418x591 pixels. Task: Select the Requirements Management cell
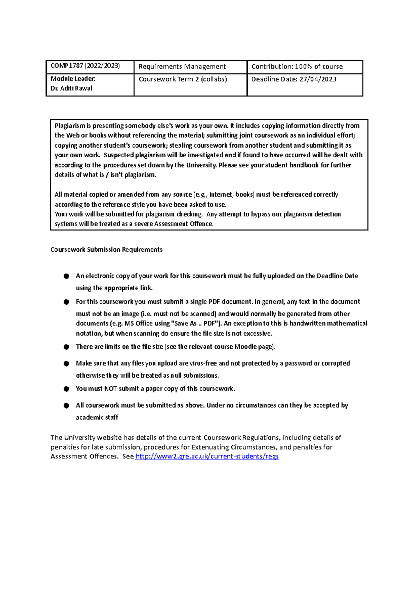[x=182, y=66]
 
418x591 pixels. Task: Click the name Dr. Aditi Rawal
[x=71, y=88]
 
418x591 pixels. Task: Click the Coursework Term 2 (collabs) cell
[x=183, y=79]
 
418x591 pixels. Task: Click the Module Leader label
[x=73, y=79]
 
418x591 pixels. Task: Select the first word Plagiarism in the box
[x=70, y=126]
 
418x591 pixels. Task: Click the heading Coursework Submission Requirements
[x=106, y=250]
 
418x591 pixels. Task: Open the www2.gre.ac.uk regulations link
[x=207, y=456]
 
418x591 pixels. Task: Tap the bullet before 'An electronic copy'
[x=66, y=276]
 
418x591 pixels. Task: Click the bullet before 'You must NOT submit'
[x=66, y=389]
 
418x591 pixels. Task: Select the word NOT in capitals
[x=110, y=389]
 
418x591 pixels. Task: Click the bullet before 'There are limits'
[x=66, y=347]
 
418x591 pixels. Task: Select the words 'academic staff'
[x=97, y=417]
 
